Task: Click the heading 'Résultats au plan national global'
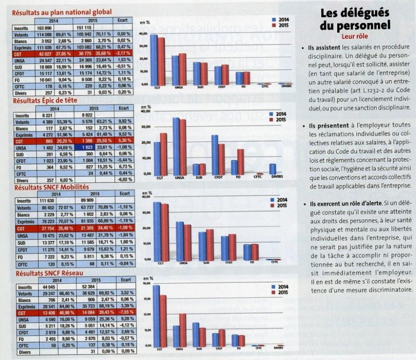click(x=62, y=11)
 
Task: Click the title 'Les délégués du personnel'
click(x=355, y=19)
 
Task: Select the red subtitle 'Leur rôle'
click(x=355, y=36)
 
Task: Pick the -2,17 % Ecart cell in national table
click(x=123, y=53)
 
